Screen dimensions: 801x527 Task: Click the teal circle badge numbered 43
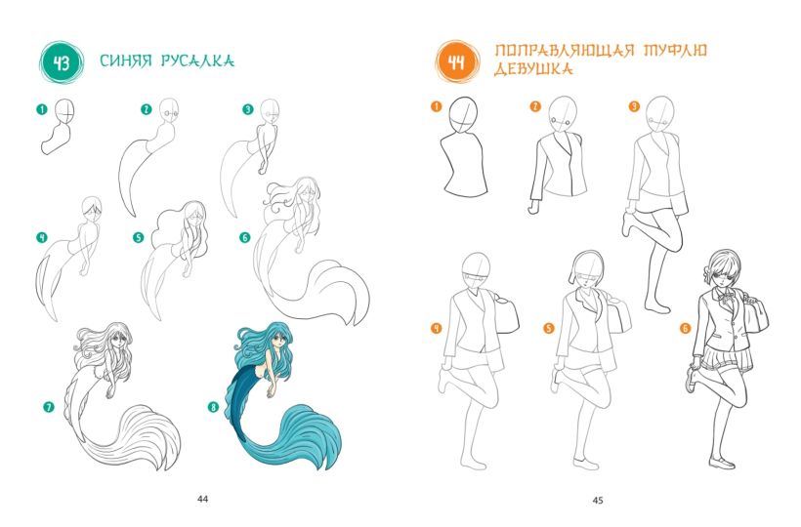(x=62, y=63)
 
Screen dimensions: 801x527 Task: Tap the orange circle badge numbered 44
(x=457, y=62)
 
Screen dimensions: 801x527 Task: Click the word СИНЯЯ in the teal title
(x=126, y=61)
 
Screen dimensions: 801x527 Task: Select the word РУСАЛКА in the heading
(x=197, y=61)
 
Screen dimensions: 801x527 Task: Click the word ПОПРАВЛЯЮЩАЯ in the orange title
(x=565, y=51)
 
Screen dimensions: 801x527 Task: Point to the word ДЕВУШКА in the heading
(x=533, y=69)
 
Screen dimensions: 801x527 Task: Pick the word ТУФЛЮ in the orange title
(x=675, y=50)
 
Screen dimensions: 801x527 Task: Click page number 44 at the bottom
(x=203, y=499)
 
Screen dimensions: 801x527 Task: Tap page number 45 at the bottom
(x=598, y=501)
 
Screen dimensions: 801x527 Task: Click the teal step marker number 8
(x=213, y=407)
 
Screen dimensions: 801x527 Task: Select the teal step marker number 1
(x=42, y=109)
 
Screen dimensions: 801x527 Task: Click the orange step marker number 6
(x=685, y=328)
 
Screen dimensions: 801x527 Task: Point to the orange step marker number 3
(x=634, y=106)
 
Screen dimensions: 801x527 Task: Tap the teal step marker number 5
(x=138, y=238)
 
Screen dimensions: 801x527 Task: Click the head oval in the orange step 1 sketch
(x=463, y=115)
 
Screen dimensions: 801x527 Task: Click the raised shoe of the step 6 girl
(x=691, y=380)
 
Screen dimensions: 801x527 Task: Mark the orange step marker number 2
(x=535, y=106)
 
